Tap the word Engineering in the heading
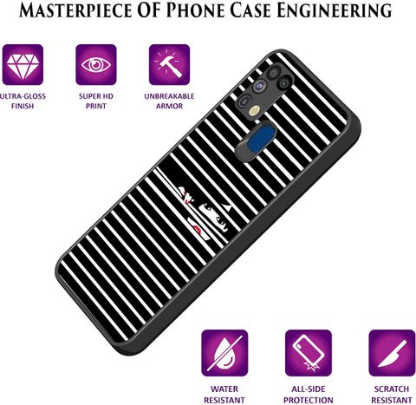coord(335,10)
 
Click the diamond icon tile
coord(23,65)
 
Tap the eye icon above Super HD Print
coord(96,65)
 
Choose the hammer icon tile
coord(169,65)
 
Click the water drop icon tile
coord(224,353)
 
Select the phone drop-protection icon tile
coord(309,353)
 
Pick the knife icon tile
coord(392,353)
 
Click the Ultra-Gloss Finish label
coord(23,101)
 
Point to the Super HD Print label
coord(96,101)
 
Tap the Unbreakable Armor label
coord(169,101)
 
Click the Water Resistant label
coord(224,395)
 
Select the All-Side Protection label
coord(309,395)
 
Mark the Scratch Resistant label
coord(392,395)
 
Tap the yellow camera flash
coord(255,110)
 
